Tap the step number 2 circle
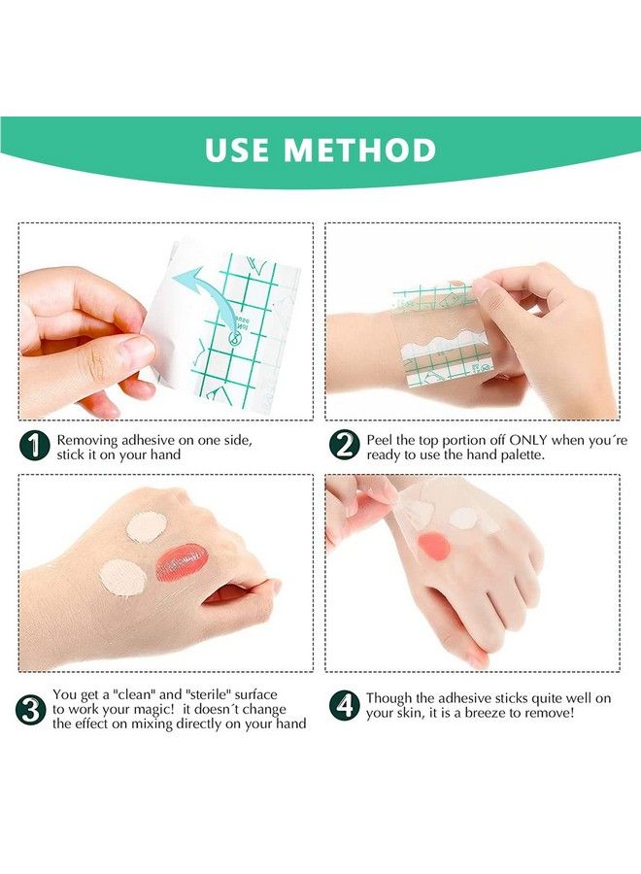point(344,446)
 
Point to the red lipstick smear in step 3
point(183,562)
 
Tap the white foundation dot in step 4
point(463,518)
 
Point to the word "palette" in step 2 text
point(539,454)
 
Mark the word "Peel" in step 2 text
point(381,440)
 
